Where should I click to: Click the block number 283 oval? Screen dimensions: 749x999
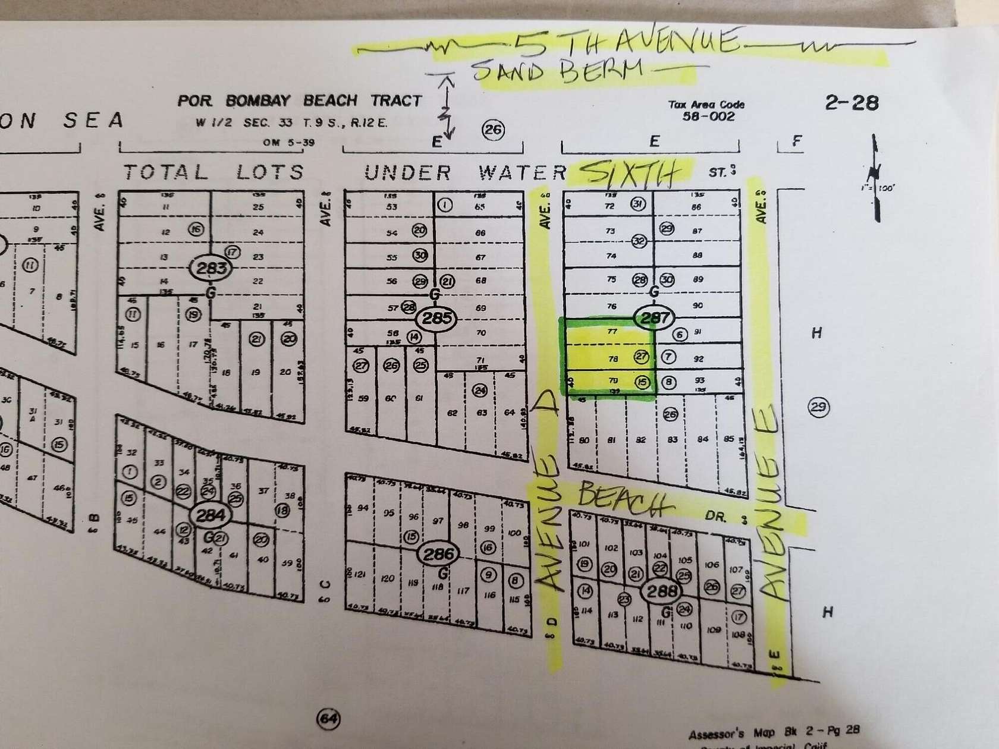212,268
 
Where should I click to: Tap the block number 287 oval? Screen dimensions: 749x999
654,317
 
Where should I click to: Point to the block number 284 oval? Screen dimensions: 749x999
210,515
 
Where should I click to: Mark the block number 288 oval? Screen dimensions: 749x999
662,591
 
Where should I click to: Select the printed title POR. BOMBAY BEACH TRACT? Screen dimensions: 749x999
299,100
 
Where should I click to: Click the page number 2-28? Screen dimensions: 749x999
851,103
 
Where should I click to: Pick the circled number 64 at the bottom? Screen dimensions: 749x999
328,719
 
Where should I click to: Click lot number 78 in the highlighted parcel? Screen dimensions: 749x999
612,358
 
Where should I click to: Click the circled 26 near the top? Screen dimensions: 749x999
493,130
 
